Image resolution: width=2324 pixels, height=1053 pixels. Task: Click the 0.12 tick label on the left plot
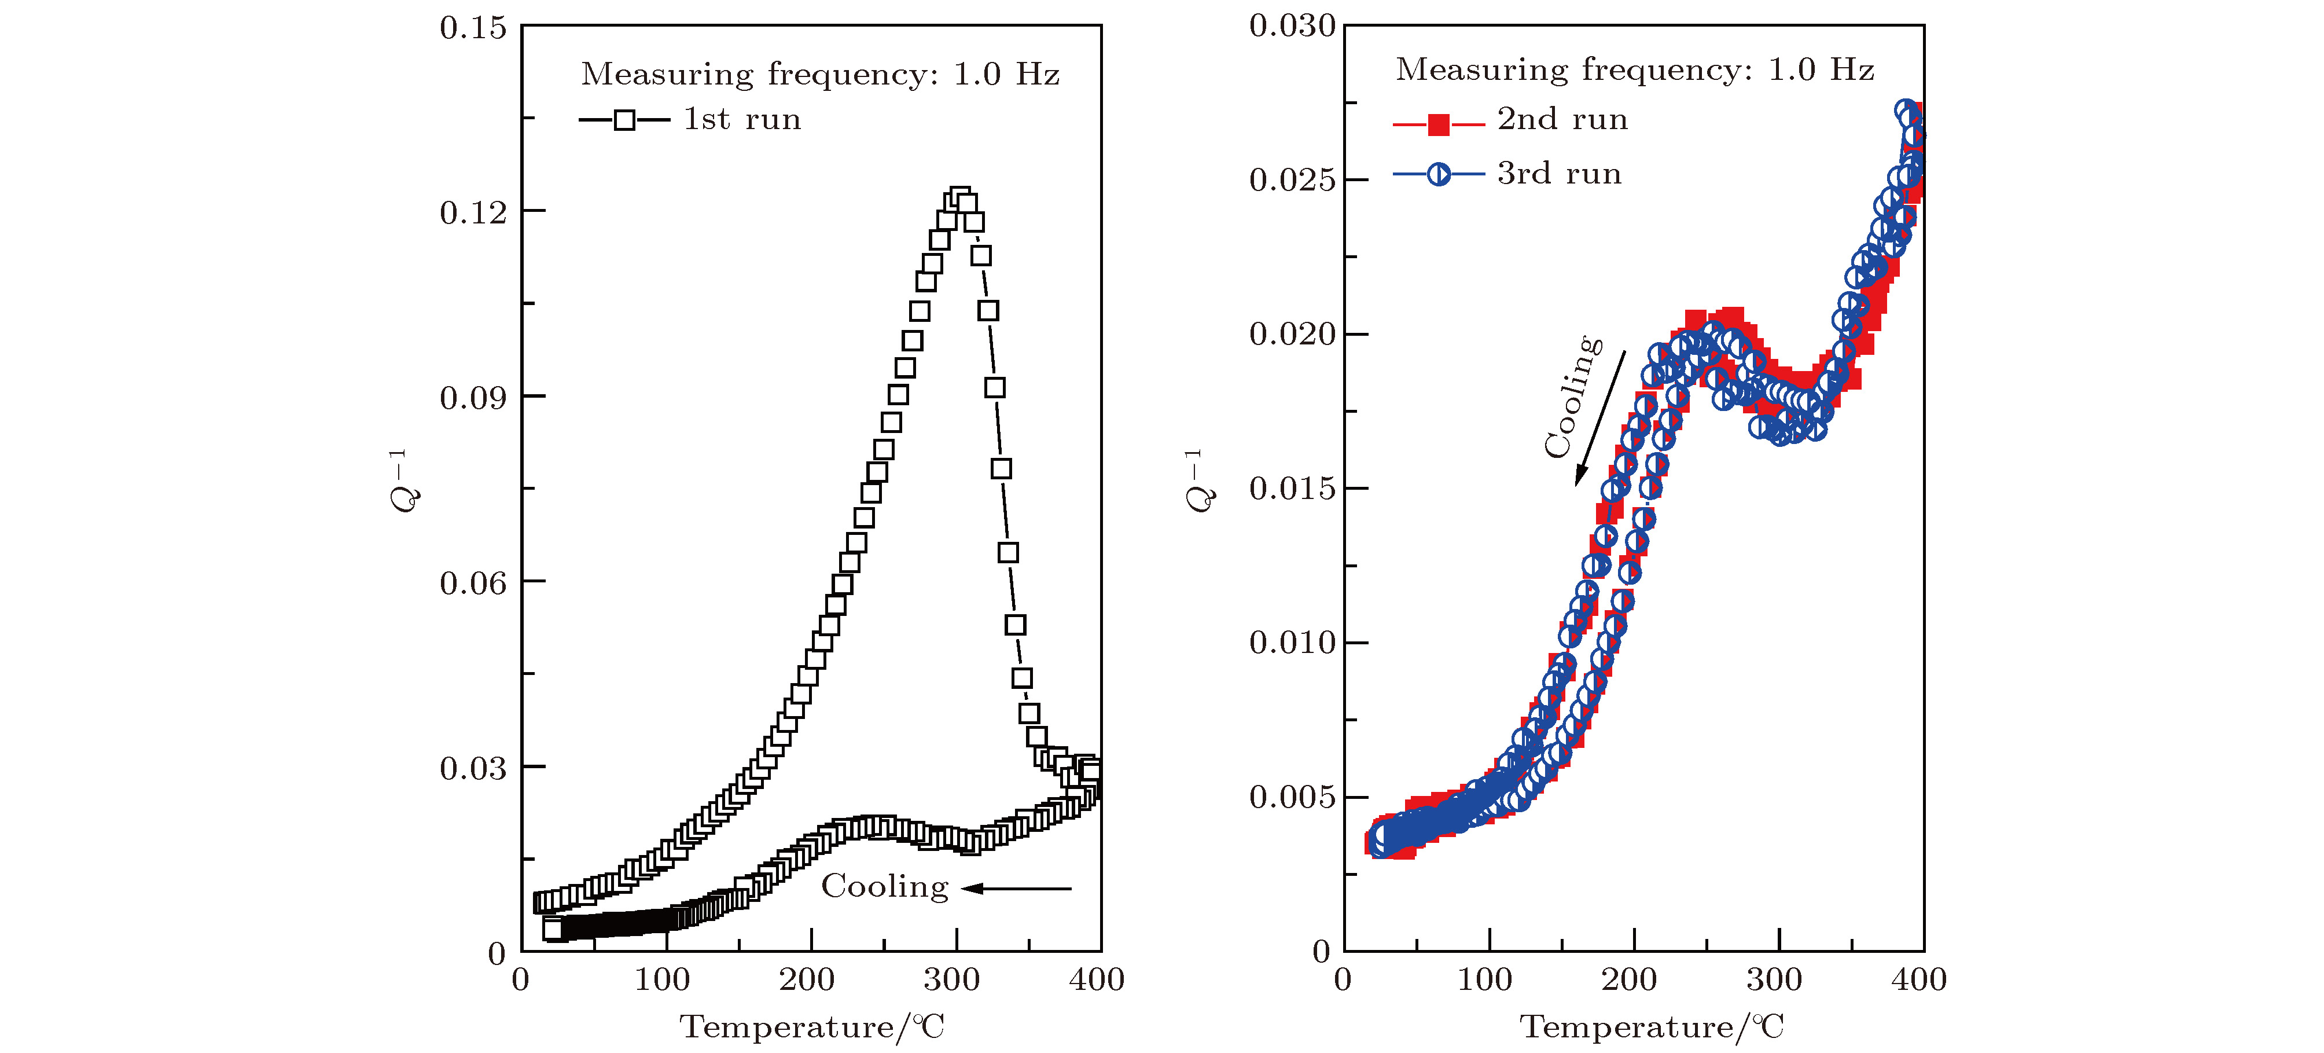473,213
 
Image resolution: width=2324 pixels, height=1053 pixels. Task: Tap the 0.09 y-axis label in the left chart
473,398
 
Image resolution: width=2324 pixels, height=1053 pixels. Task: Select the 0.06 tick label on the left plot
473,583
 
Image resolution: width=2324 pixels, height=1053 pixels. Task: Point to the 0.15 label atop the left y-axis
473,28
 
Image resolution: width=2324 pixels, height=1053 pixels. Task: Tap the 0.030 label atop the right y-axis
1292,26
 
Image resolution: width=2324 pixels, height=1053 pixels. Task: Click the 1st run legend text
742,119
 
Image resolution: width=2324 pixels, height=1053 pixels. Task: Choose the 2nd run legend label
1562,119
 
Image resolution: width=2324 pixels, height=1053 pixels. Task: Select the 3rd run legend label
1559,173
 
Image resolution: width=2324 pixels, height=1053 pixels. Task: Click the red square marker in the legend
1439,124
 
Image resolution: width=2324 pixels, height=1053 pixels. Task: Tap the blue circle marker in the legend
1439,174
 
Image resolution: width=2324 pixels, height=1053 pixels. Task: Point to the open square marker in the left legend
624,120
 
